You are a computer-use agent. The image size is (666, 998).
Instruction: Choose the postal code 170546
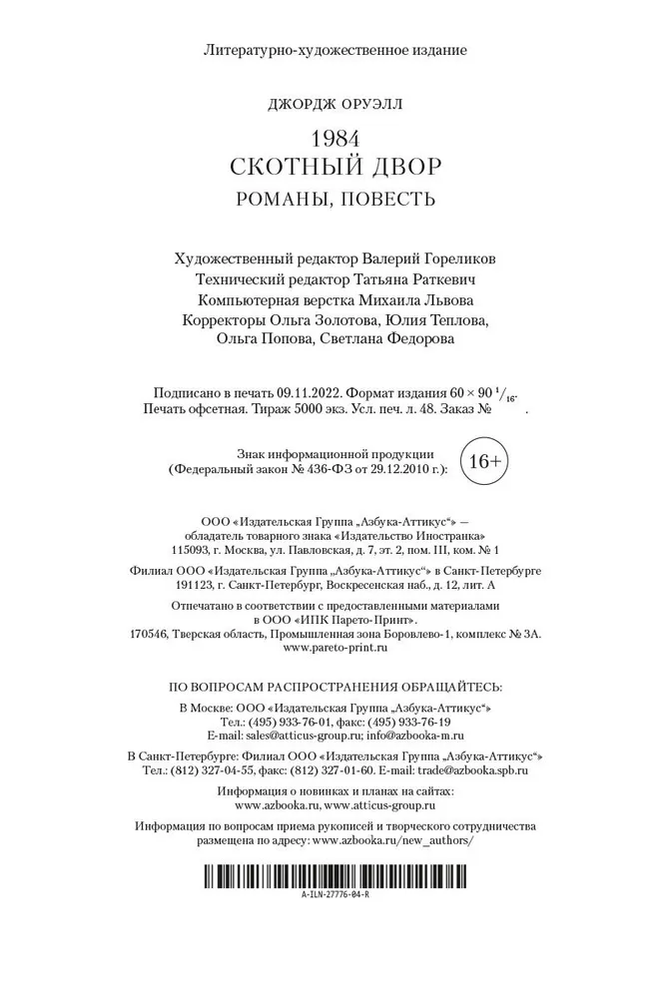point(151,633)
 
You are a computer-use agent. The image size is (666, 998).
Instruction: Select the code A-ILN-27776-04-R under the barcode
point(334,896)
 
